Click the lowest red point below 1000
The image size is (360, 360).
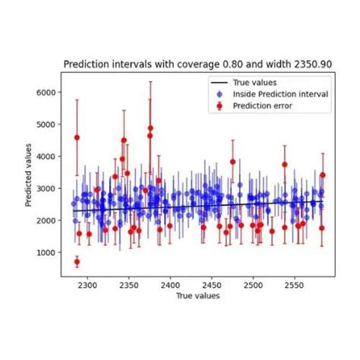click(77, 262)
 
